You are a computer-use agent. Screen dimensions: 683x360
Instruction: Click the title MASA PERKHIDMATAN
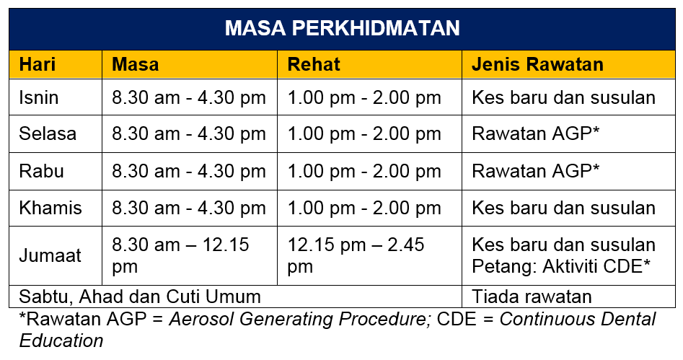coord(343,28)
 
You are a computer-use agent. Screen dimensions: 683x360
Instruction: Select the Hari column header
coord(38,64)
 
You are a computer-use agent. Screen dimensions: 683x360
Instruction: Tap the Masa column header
coord(135,64)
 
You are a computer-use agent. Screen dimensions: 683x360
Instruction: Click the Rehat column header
coord(314,64)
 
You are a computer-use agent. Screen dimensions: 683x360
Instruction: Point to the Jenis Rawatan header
coord(537,64)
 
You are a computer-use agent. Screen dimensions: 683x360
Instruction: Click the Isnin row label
coord(39,97)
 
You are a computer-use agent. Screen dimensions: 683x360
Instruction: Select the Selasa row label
coord(48,133)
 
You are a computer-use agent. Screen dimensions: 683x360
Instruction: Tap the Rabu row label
coord(42,171)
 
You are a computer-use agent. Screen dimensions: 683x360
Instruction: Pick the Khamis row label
coord(50,208)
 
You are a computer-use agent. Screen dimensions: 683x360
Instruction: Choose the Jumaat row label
coord(50,255)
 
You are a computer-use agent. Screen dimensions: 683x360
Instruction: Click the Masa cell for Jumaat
coord(180,256)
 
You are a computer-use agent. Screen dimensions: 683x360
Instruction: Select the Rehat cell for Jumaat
coord(356,256)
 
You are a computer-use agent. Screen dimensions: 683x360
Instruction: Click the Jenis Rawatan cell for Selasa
coord(535,133)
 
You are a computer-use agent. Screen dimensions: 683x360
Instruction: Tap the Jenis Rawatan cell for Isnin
coord(564,97)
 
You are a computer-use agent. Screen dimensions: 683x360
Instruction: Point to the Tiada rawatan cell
coord(532,297)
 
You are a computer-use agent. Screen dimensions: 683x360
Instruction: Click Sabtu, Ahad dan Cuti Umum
coord(140,297)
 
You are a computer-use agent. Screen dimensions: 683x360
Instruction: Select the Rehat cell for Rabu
coord(364,171)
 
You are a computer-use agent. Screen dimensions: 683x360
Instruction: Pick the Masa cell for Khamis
coord(189,208)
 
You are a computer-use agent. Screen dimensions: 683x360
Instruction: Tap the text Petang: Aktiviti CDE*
coord(561,266)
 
